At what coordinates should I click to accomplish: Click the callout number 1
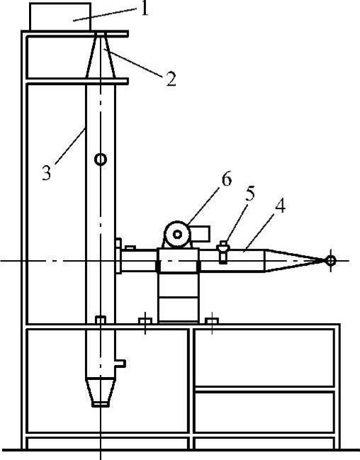(144, 9)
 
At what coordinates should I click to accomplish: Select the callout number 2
(171, 79)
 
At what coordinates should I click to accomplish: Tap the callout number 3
(46, 172)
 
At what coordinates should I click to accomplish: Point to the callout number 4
(280, 206)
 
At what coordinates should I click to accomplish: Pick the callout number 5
(250, 193)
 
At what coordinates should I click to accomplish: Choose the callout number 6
(227, 179)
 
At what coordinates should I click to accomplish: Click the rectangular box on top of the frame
(60, 16)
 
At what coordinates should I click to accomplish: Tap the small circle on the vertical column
(101, 159)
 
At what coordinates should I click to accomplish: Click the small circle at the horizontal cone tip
(331, 260)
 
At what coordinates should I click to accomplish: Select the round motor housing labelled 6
(177, 235)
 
